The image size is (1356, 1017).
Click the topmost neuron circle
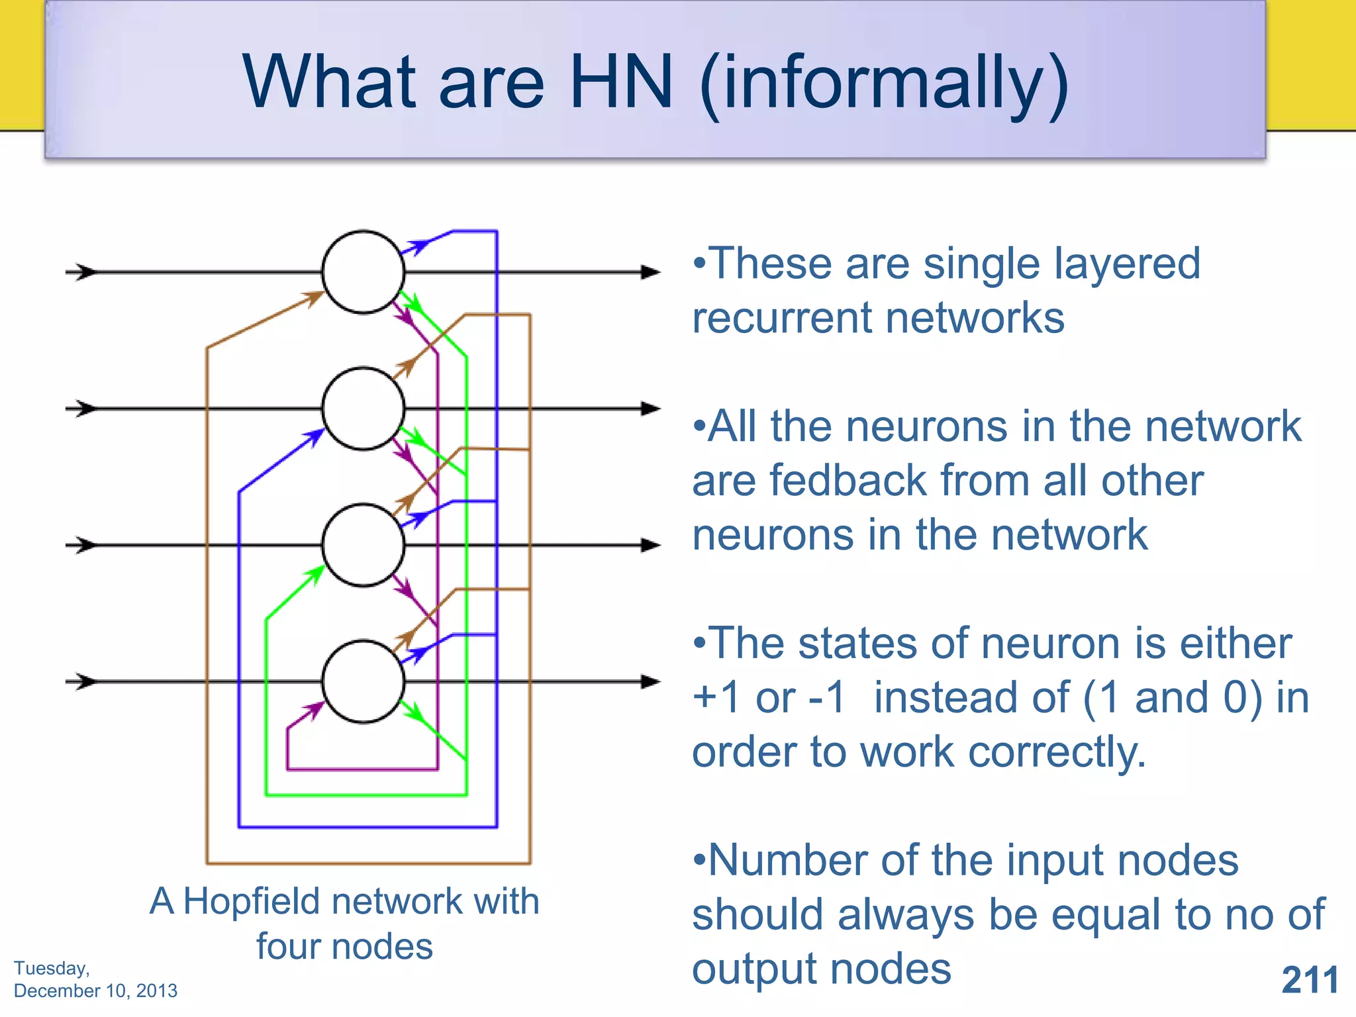click(363, 272)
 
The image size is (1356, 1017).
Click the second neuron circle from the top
click(363, 409)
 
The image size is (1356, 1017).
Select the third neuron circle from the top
click(363, 545)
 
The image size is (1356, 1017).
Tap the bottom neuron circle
click(363, 681)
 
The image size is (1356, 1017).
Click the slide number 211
click(1310, 980)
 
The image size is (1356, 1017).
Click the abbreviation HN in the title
click(620, 82)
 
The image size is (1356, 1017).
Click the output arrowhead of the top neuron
click(650, 272)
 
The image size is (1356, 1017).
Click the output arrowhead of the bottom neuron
click(650, 681)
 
